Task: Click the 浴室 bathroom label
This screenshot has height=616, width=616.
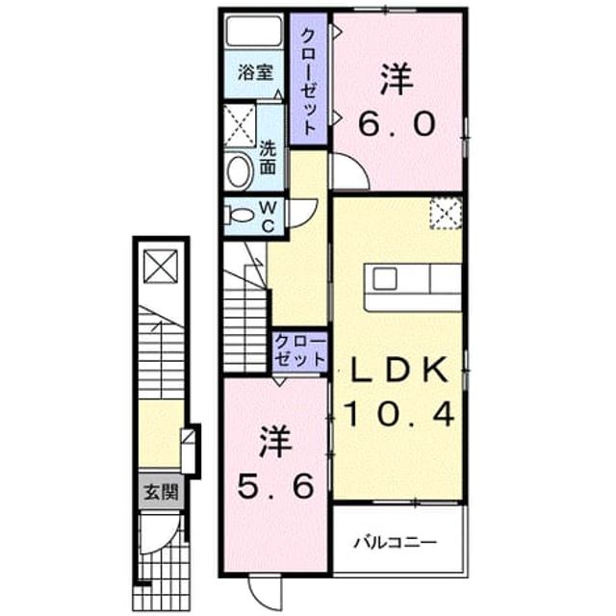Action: [x=255, y=73]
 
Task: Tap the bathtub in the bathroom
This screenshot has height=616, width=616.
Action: [x=254, y=31]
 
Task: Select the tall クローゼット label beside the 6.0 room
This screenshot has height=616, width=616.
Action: [x=308, y=83]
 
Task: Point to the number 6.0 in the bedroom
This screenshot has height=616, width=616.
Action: [x=397, y=123]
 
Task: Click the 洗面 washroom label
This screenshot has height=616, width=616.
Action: [x=268, y=158]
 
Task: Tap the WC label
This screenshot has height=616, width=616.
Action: [x=268, y=217]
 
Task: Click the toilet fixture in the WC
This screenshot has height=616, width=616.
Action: [x=238, y=216]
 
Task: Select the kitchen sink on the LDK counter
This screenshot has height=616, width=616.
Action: [x=385, y=278]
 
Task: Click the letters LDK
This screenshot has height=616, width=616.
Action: [x=399, y=370]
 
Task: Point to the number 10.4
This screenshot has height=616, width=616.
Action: [x=399, y=415]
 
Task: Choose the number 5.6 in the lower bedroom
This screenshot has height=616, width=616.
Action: [x=276, y=485]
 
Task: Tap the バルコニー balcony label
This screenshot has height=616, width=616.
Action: [x=396, y=543]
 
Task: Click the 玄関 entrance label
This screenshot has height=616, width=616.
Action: [x=161, y=492]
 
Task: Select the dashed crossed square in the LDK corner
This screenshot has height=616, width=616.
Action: [x=446, y=214]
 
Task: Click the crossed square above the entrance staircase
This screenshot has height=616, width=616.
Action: [x=161, y=267]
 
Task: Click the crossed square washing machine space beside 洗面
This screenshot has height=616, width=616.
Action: [x=240, y=126]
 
